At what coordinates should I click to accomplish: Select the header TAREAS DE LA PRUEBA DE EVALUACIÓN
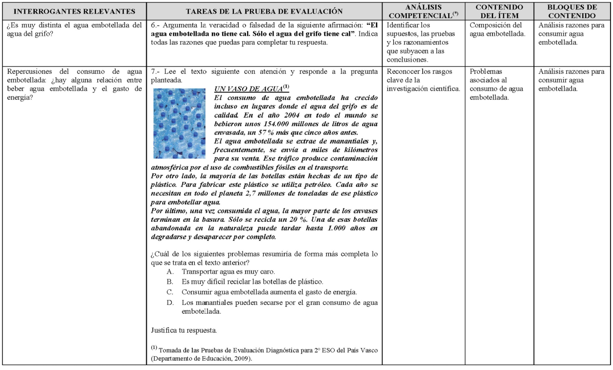[267, 11]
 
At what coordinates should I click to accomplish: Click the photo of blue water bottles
[179, 123]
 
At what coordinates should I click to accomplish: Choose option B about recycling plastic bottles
[244, 282]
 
